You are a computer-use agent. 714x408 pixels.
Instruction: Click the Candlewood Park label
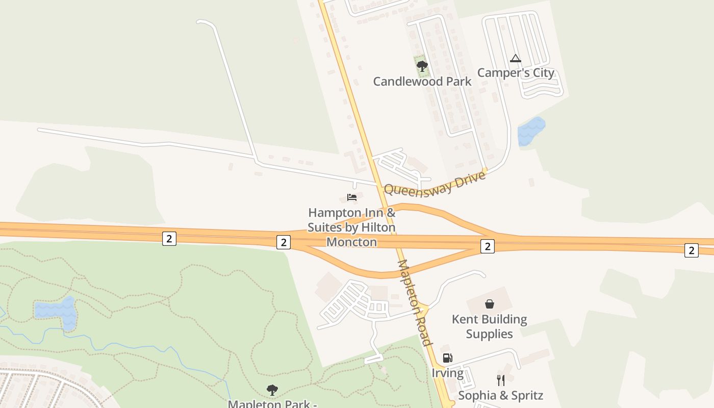422,81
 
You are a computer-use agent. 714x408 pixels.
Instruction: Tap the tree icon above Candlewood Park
422,66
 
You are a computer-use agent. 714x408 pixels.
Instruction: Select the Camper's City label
515,73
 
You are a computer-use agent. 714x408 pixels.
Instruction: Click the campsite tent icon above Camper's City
515,58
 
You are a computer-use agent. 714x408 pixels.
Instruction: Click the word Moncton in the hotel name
351,242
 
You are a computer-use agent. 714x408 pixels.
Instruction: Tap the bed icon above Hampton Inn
351,197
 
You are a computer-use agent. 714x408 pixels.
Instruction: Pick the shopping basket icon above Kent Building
490,304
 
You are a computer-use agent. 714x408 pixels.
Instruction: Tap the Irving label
448,373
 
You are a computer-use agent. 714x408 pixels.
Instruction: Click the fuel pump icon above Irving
447,358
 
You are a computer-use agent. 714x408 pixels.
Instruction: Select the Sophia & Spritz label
500,395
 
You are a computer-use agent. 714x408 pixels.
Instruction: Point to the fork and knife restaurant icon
500,380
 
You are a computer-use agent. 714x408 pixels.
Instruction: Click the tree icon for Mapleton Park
272,390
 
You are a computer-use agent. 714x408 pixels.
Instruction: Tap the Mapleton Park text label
272,403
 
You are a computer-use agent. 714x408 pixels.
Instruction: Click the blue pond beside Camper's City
531,131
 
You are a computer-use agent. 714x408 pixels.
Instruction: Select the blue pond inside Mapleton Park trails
56,311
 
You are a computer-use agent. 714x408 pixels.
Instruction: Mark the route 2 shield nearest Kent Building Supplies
488,247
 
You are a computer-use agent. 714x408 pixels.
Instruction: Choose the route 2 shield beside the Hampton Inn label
284,242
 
